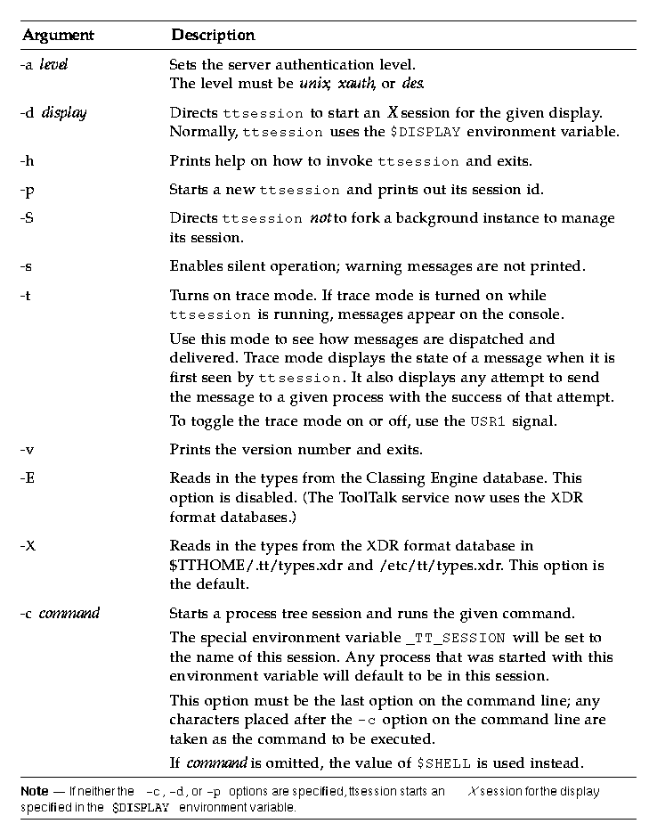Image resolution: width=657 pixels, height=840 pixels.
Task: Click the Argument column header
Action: click(x=58, y=36)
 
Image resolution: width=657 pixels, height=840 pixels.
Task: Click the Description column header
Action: click(x=213, y=36)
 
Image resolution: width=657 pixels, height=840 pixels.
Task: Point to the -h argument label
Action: click(x=28, y=162)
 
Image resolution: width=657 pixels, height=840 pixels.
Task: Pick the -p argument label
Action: click(x=28, y=190)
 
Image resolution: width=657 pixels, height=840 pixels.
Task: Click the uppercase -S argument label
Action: click(x=28, y=218)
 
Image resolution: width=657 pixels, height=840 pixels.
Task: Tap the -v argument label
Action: click(x=28, y=449)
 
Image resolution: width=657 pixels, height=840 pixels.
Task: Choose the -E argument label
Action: click(x=28, y=478)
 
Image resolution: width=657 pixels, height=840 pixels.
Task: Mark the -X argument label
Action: click(x=28, y=545)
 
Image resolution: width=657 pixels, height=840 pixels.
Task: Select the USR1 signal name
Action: click(x=489, y=422)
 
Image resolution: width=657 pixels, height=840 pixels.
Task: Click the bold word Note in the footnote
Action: click(x=35, y=791)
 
